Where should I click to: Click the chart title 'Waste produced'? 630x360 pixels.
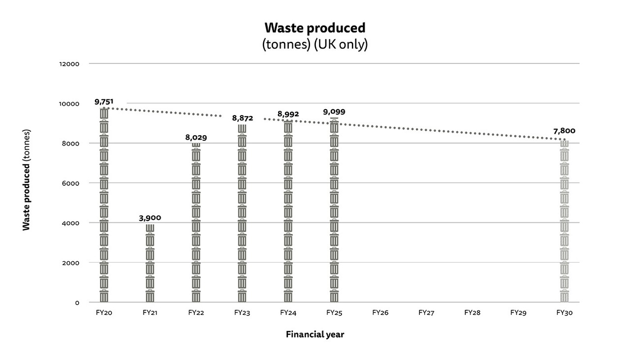(315, 28)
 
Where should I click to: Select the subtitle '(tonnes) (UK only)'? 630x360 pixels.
(315, 44)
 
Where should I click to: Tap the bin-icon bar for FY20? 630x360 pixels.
(104, 207)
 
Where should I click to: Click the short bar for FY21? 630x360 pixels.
(150, 263)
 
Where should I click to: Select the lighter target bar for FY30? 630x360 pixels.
(564, 221)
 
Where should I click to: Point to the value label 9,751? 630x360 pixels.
(104, 102)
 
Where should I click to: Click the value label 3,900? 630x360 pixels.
(150, 218)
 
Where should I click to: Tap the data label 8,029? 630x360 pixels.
(196, 138)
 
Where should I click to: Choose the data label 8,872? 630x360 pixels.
(242, 118)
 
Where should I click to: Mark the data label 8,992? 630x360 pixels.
(288, 114)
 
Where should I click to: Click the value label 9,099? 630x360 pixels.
(334, 112)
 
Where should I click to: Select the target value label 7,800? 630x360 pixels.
(564, 131)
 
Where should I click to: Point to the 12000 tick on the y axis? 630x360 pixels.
(70, 64)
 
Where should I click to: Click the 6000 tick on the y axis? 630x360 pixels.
(71, 183)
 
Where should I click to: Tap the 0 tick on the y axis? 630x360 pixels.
(77, 302)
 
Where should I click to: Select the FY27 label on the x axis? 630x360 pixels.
(426, 312)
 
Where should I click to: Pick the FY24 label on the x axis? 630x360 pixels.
(288, 312)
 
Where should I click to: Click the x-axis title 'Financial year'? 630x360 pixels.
(315, 334)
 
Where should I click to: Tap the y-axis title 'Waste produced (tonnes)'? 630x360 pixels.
(27, 180)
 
